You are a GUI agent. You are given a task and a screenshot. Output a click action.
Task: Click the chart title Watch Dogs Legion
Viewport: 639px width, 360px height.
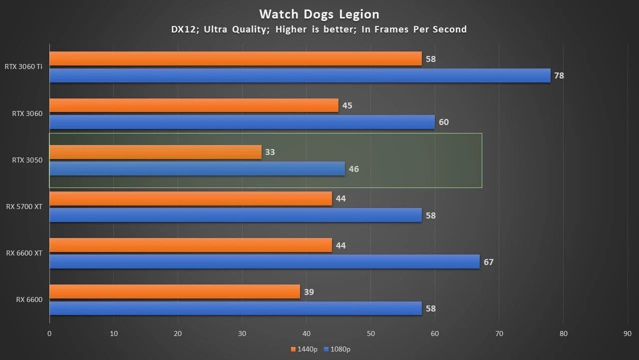click(x=319, y=14)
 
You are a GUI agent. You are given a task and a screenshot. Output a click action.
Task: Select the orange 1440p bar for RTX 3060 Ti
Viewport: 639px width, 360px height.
click(x=235, y=58)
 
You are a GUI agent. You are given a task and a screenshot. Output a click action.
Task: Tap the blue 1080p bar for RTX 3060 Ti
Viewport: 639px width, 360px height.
click(x=300, y=75)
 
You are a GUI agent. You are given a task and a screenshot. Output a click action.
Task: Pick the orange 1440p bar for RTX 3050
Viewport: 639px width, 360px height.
click(x=155, y=152)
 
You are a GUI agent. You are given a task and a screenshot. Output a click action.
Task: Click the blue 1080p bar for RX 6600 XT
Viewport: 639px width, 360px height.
click(x=264, y=261)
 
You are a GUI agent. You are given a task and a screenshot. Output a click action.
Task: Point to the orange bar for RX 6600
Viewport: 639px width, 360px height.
click(x=174, y=291)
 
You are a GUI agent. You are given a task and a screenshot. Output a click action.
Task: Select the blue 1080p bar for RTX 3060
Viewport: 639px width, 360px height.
click(x=242, y=122)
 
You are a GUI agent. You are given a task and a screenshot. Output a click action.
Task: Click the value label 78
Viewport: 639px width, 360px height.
click(x=559, y=76)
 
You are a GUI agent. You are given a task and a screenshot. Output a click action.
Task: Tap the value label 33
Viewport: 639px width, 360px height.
click(x=270, y=152)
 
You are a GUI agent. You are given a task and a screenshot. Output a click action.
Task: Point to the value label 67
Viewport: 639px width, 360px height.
click(x=488, y=262)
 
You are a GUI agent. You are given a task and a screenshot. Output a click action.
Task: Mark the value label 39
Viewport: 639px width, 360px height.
click(x=309, y=292)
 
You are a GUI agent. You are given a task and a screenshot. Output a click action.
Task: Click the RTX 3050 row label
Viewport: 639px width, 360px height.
click(x=27, y=160)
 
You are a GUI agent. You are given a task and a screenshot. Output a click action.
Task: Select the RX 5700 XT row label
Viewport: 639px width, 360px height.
click(x=24, y=206)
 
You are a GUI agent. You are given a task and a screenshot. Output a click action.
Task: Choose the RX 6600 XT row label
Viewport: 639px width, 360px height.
click(x=24, y=253)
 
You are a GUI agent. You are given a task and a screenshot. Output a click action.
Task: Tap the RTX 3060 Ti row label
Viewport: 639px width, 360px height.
click(x=23, y=66)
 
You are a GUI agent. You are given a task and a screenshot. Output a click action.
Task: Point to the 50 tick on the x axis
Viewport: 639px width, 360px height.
click(x=370, y=333)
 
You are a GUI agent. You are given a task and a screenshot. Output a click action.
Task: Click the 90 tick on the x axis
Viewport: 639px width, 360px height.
click(x=628, y=333)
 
